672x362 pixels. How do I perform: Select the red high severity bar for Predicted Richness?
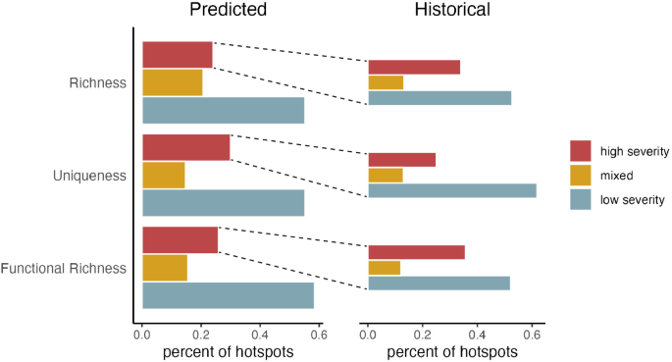point(178,55)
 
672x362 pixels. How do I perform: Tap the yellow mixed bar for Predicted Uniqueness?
point(164,176)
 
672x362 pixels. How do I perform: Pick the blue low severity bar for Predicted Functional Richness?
point(228,295)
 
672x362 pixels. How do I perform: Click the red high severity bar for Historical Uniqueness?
point(401,160)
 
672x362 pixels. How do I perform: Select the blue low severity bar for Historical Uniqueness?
point(451,190)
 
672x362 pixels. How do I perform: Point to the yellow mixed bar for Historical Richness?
point(386,82)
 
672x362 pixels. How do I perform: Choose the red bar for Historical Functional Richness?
point(416,252)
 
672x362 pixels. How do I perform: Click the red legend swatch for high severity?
point(581,151)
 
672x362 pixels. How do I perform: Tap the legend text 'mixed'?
point(619,176)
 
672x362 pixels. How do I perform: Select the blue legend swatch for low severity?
point(581,200)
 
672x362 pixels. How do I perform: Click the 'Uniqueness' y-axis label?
point(91,176)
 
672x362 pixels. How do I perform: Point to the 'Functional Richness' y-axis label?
point(64,269)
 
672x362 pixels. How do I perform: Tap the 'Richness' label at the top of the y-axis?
point(98,83)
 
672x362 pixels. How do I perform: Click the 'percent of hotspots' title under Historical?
point(450,351)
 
